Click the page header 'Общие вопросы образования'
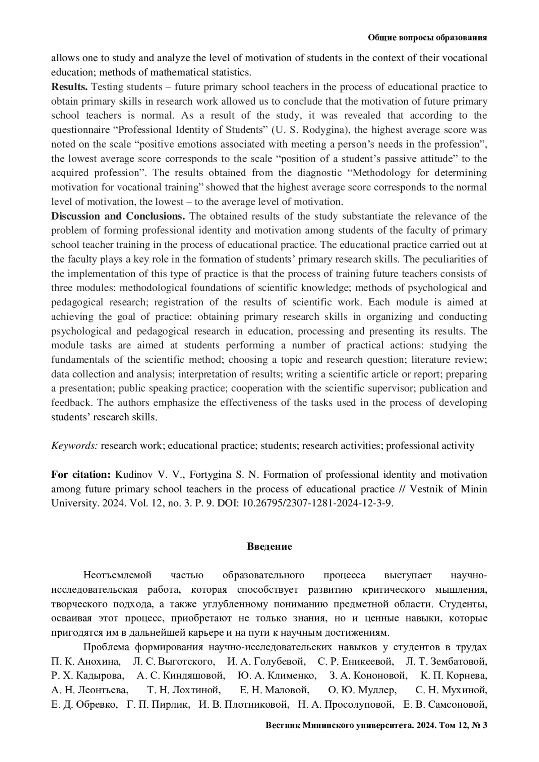(427, 38)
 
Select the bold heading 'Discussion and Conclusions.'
(118, 216)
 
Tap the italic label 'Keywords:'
(74, 445)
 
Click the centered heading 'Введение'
(269, 546)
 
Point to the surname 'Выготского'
(185, 661)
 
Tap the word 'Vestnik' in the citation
(439, 489)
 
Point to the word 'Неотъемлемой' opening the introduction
(117, 575)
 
